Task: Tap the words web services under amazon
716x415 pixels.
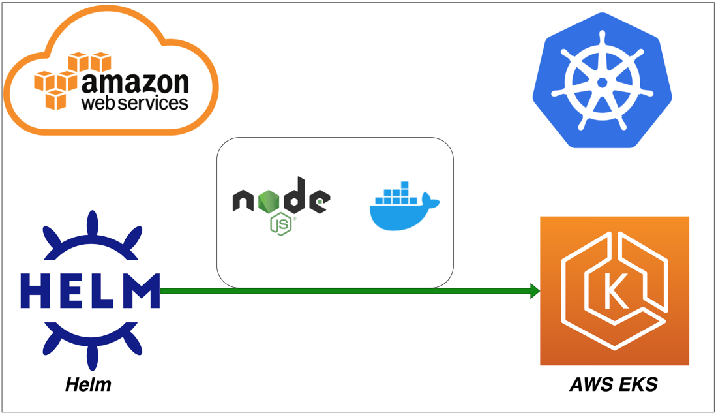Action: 135,102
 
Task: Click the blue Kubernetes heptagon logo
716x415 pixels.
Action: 603,80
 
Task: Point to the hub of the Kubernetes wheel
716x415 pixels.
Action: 603,82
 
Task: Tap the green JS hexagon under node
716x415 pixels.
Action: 281,224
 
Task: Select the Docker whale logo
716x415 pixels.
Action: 404,206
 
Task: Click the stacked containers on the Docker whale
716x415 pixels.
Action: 395,193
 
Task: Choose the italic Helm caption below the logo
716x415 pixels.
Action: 88,384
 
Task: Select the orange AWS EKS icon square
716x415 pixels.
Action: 615,290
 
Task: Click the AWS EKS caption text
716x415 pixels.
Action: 614,384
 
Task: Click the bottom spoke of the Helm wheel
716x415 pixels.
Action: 93,356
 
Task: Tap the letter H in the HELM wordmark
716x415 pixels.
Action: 35,291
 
